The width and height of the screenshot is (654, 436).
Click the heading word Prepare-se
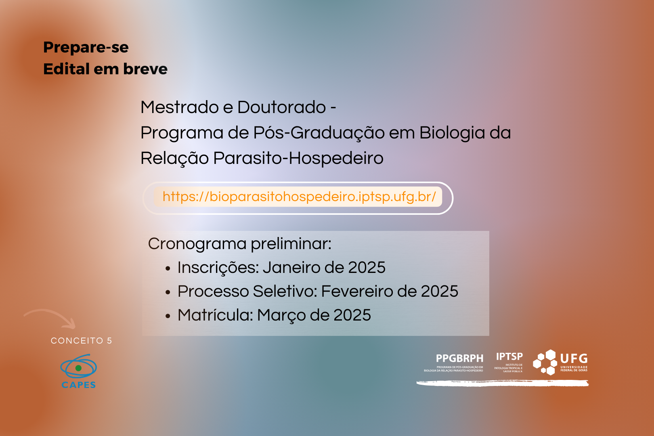click(86, 48)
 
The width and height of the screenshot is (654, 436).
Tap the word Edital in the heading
click(66, 69)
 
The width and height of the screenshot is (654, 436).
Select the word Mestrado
click(180, 107)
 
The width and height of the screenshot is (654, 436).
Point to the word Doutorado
click(282, 107)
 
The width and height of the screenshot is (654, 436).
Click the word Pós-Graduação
click(319, 133)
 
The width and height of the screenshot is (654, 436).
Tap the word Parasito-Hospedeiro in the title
click(298, 159)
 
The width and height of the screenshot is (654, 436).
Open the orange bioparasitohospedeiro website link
click(299, 197)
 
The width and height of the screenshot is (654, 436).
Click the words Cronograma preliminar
click(240, 244)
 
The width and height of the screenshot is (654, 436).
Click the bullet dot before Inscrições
click(168, 268)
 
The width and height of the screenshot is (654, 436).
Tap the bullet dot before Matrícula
click(168, 316)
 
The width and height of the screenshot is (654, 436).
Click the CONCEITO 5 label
click(82, 341)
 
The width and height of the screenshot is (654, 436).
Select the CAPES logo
click(79, 371)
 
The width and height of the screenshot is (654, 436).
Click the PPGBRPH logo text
click(459, 358)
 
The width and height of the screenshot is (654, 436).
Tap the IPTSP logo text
click(509, 356)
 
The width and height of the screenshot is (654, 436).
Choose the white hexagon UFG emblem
click(545, 363)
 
